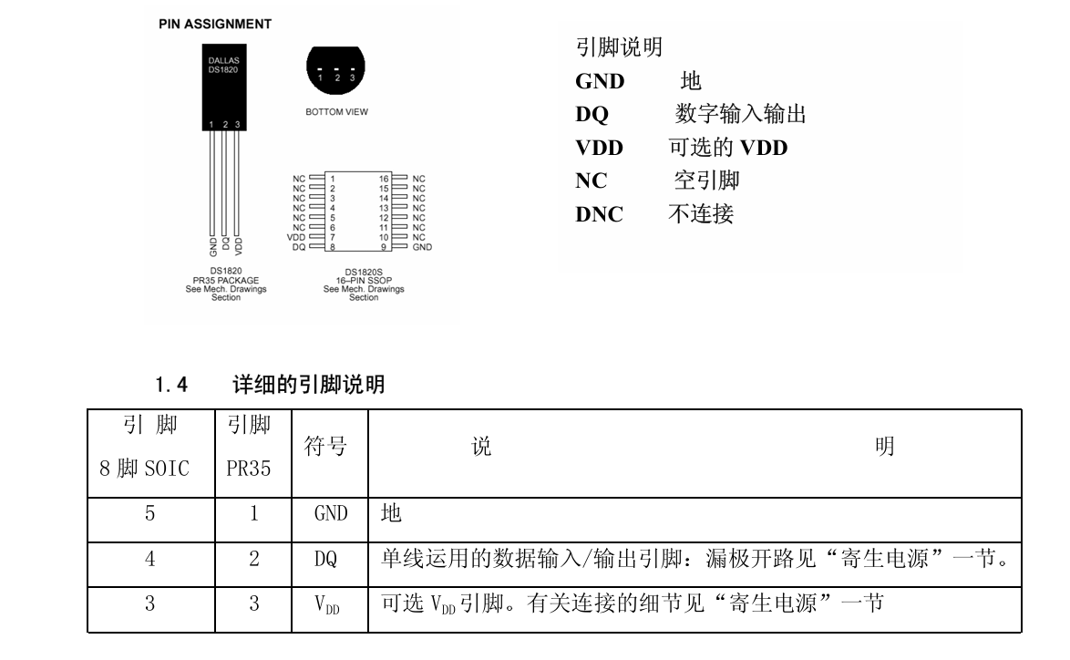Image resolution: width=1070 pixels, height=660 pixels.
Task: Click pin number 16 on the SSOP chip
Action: [x=385, y=179]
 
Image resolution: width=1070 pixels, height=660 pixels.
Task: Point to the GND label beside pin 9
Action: [x=422, y=247]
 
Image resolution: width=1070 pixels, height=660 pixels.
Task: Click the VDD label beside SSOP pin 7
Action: [x=297, y=237]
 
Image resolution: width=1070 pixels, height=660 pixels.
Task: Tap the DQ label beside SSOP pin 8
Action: [x=299, y=247]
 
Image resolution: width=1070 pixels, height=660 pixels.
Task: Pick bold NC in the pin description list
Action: [x=592, y=181]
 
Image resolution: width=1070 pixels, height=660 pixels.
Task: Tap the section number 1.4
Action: [x=170, y=386]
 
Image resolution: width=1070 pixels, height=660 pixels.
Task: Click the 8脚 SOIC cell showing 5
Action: [x=149, y=514]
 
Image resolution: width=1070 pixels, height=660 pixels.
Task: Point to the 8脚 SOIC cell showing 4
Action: [x=149, y=561]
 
